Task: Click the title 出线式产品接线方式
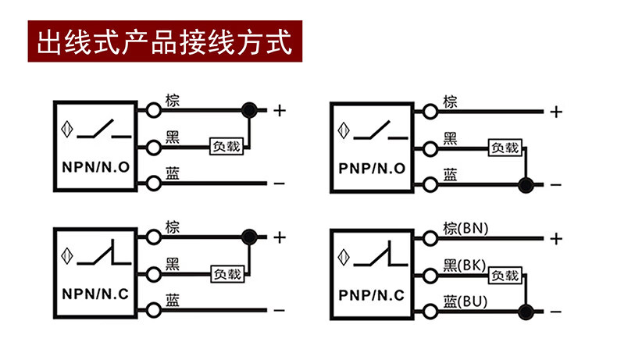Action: point(159,41)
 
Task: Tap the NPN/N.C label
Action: point(95,294)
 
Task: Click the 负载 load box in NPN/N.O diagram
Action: point(226,146)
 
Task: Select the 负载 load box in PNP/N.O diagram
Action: point(503,146)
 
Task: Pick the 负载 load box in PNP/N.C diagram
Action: point(503,275)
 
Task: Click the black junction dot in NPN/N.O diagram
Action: point(250,110)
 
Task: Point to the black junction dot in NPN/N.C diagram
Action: point(250,237)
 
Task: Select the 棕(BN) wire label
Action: point(465,228)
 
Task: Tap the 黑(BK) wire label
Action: point(465,266)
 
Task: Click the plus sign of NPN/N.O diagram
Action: point(279,111)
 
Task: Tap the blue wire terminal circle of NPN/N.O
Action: point(154,184)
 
